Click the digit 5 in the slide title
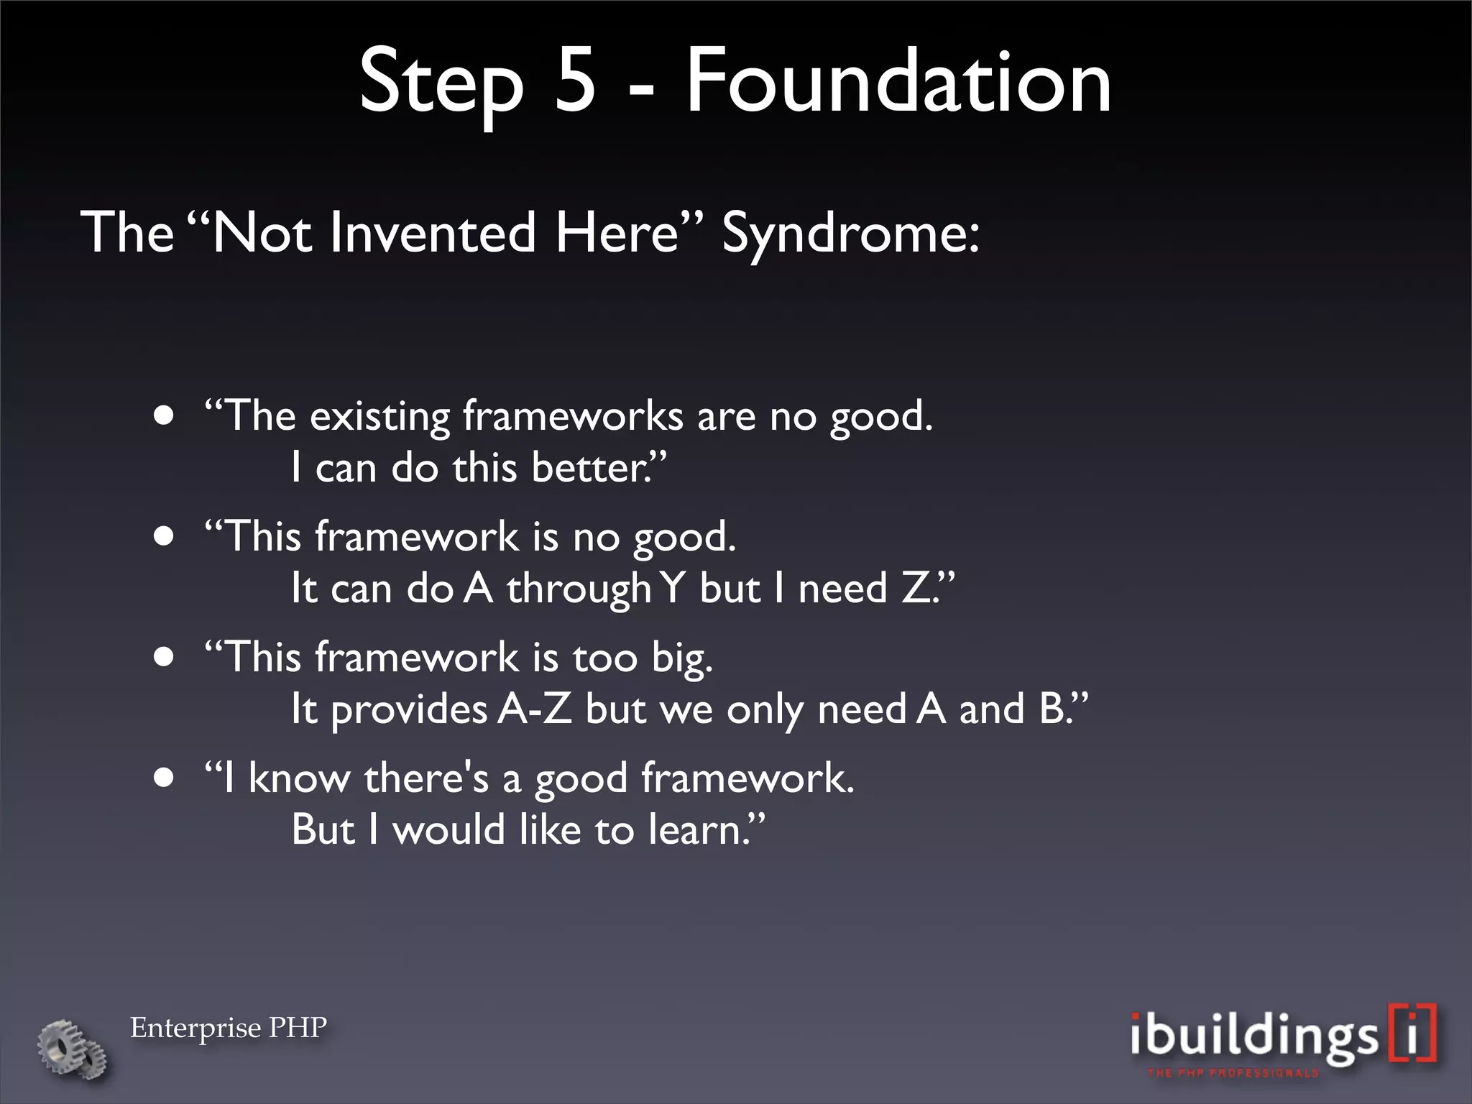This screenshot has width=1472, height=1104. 576,80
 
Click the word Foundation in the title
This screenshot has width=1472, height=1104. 898,80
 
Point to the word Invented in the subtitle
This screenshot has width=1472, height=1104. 432,233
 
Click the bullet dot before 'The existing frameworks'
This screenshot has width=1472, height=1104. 165,418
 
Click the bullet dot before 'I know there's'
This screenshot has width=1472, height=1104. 165,779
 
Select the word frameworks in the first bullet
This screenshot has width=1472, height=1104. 572,417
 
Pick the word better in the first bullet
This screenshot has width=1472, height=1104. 589,469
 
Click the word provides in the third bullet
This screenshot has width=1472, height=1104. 409,711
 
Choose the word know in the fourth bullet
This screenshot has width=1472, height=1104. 298,779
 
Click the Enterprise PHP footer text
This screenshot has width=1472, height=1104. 228,1028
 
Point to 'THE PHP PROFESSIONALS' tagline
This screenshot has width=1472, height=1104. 1233,1073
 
